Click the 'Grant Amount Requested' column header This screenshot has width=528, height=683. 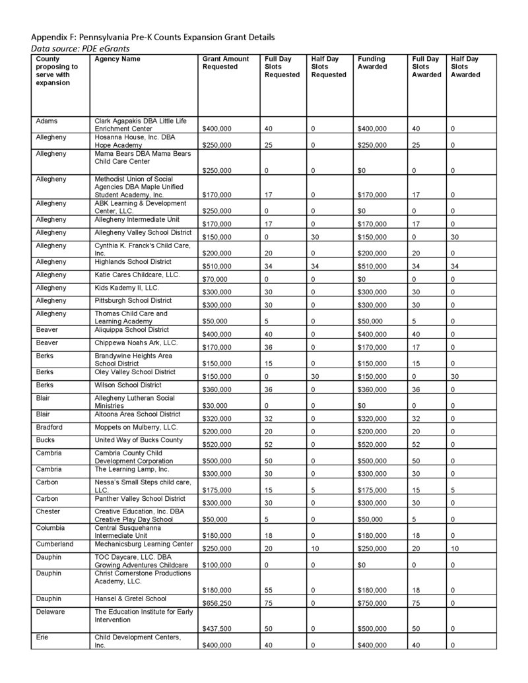coord(226,63)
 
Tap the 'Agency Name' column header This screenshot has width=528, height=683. coord(117,59)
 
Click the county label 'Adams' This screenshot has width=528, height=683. coord(46,121)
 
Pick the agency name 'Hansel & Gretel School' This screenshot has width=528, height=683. coord(131,599)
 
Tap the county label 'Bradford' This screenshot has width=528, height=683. coord(50,427)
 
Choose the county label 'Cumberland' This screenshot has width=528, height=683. coord(55,544)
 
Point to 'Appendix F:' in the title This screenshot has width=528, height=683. coord(55,37)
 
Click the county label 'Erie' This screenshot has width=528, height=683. coord(42,637)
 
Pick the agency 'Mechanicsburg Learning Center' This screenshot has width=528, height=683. coord(143,544)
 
